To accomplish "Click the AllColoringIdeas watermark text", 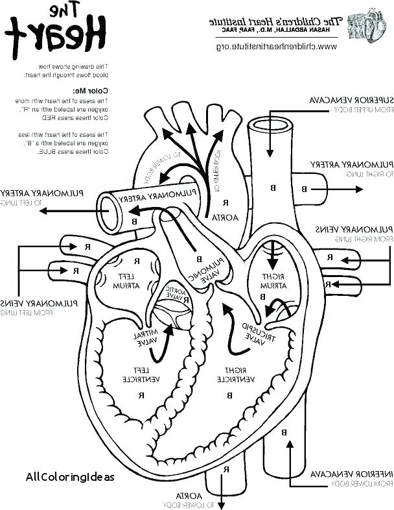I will point(70,476).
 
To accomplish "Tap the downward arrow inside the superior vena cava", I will point(269,140).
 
